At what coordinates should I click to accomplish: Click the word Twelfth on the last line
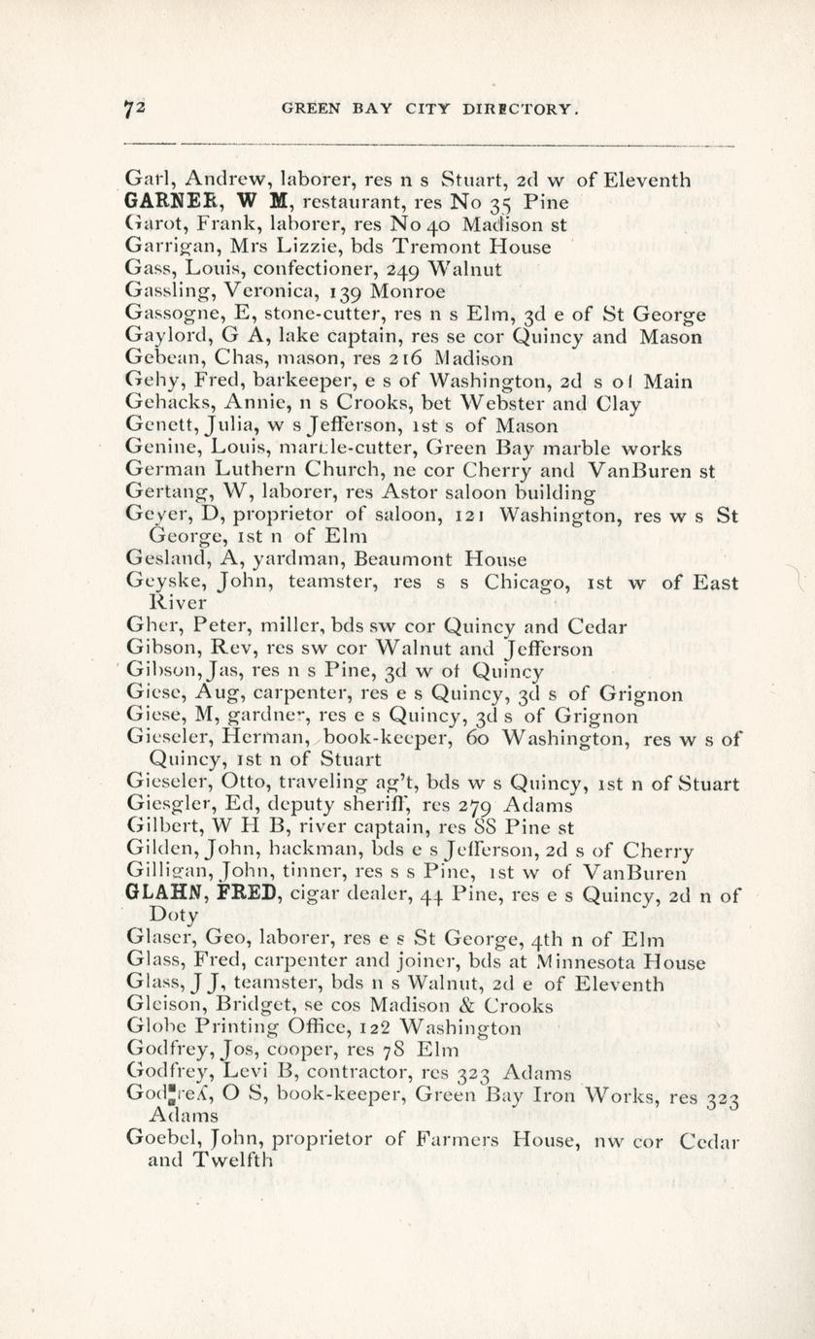232,1158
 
